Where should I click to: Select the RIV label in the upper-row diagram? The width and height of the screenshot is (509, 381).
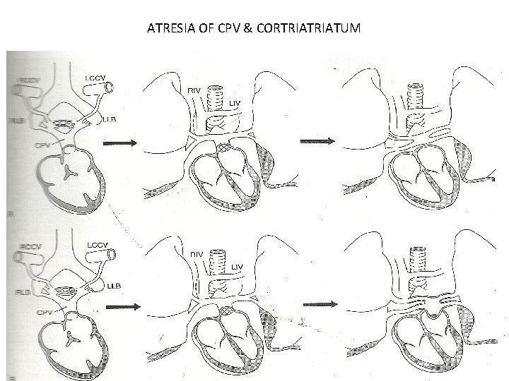195,90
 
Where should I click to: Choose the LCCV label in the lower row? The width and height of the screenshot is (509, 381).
96,244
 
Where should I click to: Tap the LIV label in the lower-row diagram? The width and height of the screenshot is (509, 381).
238,267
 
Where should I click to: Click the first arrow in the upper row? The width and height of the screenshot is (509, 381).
120,143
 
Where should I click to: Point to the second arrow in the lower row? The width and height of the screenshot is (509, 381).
320,304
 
